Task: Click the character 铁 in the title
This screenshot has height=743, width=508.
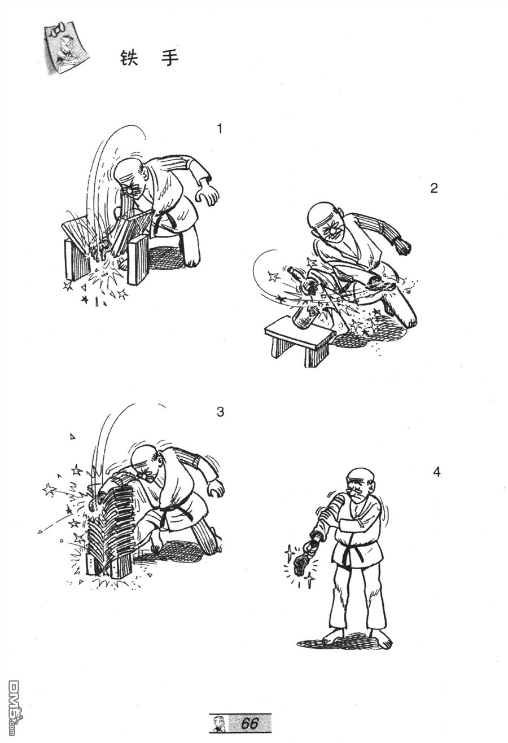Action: [129, 59]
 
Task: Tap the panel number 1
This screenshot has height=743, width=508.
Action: [219, 129]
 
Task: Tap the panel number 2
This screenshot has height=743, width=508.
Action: [433, 188]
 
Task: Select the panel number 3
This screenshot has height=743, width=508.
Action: [220, 412]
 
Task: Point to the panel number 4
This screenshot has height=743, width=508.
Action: [437, 472]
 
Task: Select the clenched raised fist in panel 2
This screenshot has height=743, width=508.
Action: [402, 246]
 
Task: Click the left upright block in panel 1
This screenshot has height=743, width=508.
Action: [77, 261]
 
